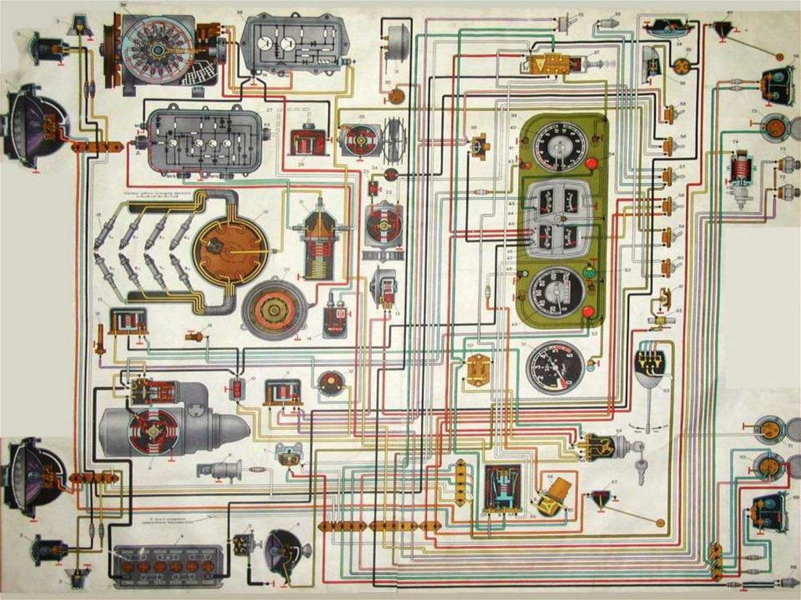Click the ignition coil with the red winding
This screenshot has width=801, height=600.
click(x=316, y=243)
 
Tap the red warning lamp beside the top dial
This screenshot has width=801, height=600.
click(x=591, y=164)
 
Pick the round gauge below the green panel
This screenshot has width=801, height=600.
click(x=555, y=367)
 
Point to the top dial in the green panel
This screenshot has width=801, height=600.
click(x=559, y=146)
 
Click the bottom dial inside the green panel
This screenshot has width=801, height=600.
click(x=556, y=293)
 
